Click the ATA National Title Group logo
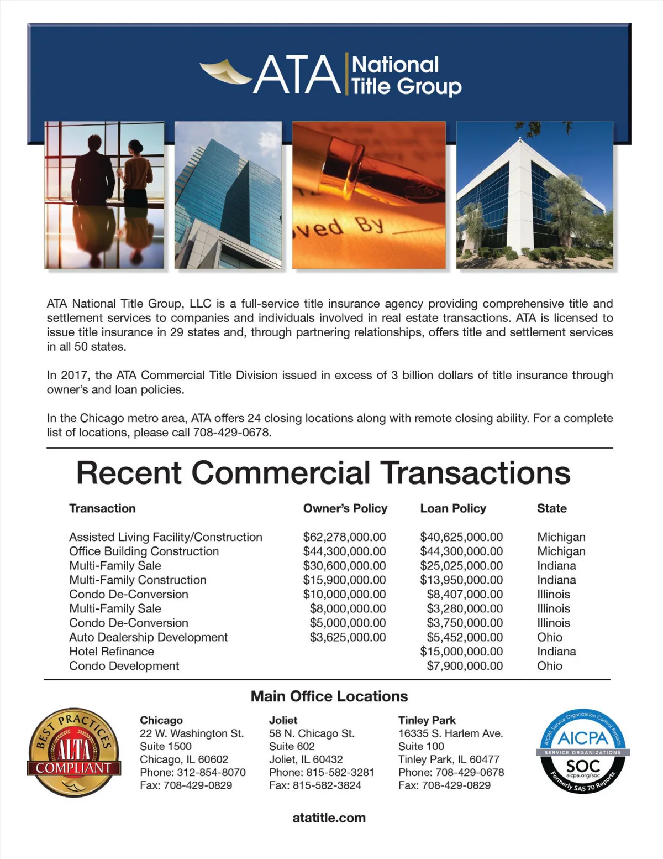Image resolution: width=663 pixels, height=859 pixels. tap(330, 75)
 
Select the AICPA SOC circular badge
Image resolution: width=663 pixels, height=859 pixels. tap(583, 752)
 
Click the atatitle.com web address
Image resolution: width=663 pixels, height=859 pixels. tap(329, 818)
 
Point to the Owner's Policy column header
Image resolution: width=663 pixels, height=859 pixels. tap(345, 508)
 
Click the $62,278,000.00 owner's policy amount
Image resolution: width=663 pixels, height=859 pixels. tap(344, 537)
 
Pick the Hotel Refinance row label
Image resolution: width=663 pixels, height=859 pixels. tap(112, 652)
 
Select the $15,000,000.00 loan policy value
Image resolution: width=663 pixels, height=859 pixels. tap(461, 652)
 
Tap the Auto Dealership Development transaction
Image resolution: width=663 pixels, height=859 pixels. tap(148, 637)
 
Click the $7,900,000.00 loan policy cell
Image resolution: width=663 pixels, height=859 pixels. tap(465, 666)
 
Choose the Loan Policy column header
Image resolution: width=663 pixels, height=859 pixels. tap(453, 508)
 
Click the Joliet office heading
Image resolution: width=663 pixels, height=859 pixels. tap(283, 720)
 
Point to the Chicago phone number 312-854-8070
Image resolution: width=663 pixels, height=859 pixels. tap(211, 772)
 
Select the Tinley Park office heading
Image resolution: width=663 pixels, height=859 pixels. tap(427, 720)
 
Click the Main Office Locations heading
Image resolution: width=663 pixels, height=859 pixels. tap(329, 696)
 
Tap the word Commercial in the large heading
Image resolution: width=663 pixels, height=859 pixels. tap(281, 473)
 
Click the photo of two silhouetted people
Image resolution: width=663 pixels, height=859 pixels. tap(104, 195)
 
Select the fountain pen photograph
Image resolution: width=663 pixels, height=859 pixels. tap(369, 195)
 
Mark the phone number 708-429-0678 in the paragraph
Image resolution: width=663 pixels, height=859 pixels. tap(231, 433)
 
